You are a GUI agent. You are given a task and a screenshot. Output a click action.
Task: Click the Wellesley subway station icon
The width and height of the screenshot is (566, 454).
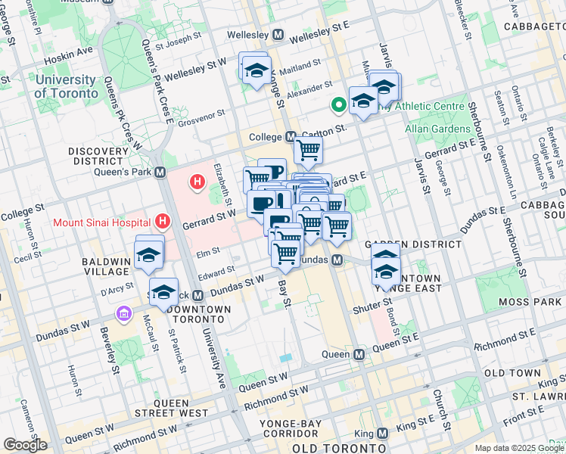coord(278,35)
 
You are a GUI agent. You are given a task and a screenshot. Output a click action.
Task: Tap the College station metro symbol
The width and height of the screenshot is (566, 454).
coord(291,137)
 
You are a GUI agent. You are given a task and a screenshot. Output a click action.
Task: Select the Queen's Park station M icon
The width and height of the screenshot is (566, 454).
coord(160,172)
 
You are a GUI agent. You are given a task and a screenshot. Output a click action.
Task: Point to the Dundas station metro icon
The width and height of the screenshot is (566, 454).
coord(338,260)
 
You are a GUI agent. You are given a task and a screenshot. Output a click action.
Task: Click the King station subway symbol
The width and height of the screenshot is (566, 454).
coord(382,434)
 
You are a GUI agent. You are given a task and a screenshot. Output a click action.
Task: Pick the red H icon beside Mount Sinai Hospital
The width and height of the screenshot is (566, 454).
coord(161,222)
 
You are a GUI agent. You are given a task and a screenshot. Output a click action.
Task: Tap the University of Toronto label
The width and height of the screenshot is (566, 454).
coord(66,86)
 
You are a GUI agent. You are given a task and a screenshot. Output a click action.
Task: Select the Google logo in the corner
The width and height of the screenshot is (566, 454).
coord(24,445)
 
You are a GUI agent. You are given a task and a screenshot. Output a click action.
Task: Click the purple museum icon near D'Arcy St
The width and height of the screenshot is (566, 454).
coord(122,313)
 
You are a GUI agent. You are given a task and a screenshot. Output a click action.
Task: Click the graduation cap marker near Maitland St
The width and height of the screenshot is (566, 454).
coord(257,68)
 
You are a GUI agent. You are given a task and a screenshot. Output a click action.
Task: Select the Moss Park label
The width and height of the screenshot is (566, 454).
coord(528,303)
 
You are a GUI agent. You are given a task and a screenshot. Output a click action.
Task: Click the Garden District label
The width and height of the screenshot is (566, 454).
coord(413,244)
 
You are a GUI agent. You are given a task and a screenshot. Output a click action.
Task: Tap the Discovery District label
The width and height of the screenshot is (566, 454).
coord(98,157)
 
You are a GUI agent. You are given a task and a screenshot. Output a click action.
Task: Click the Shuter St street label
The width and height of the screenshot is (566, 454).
coord(369,310)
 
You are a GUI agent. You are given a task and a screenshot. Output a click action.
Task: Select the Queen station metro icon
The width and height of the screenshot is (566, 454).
coord(359,354)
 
